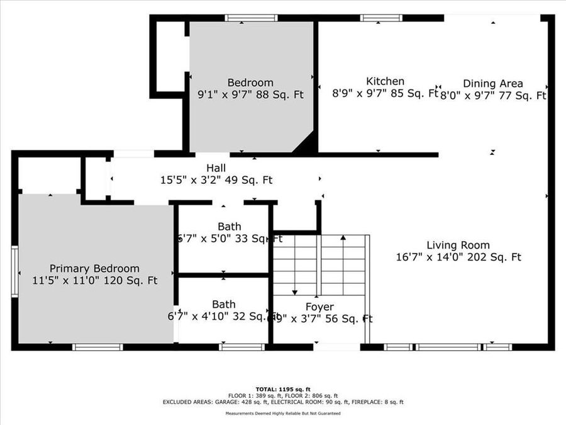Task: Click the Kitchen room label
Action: click(x=385, y=81)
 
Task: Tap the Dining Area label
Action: click(x=492, y=83)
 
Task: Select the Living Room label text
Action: click(x=458, y=245)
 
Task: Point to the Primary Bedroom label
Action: click(x=94, y=268)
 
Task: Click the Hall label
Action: click(x=216, y=168)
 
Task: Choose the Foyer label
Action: click(x=319, y=307)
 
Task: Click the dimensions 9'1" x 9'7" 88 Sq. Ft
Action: click(x=250, y=95)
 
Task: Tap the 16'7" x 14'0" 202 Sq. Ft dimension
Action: click(x=458, y=257)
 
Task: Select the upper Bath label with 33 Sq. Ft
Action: click(x=229, y=227)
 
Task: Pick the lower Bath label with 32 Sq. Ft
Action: click(x=223, y=305)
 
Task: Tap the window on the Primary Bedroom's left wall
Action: click(x=14, y=271)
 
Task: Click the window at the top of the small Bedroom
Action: click(x=251, y=18)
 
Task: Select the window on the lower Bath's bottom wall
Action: click(x=241, y=346)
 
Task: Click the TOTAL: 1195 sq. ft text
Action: click(x=282, y=389)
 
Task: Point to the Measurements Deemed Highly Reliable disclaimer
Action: click(x=283, y=414)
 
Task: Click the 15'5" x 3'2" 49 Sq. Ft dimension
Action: click(x=216, y=180)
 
